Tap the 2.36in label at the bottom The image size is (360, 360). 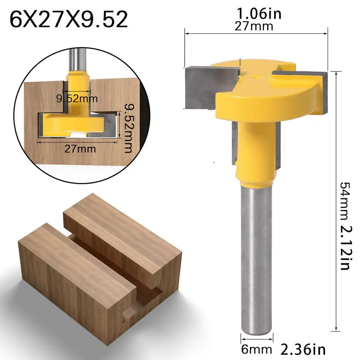click(303, 349)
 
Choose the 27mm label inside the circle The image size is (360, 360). click(80, 148)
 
